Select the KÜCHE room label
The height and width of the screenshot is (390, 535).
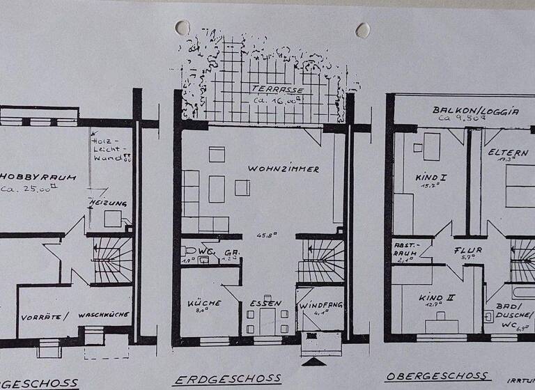pyautogui.click(x=204, y=303)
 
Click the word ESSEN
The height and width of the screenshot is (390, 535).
pyautogui.click(x=265, y=303)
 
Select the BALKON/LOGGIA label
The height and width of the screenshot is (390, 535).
pyautogui.click(x=475, y=110)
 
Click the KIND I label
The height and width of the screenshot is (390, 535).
pyautogui.click(x=431, y=178)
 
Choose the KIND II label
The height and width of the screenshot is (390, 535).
pyautogui.click(x=437, y=297)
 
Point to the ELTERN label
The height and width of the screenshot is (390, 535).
pyautogui.click(x=508, y=152)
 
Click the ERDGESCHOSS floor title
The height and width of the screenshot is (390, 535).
pyautogui.click(x=227, y=380)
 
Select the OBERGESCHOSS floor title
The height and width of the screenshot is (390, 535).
pyautogui.click(x=437, y=376)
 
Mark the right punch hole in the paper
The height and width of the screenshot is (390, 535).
pyautogui.click(x=362, y=30)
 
